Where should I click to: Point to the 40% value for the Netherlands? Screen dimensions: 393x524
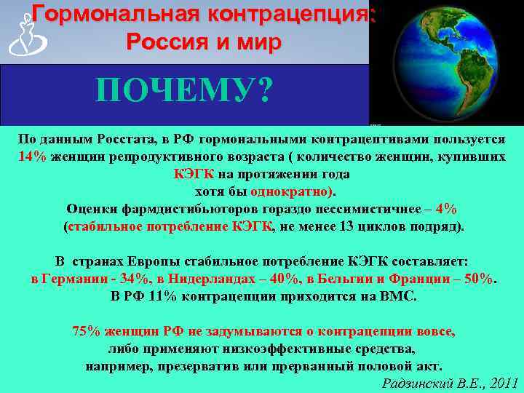282,279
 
